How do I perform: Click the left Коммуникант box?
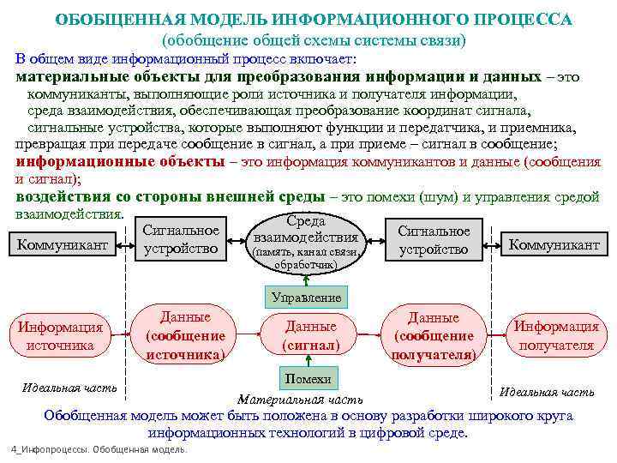63,244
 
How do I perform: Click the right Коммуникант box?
554,244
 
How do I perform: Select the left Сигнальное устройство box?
181,240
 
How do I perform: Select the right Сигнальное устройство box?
434,240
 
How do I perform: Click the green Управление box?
306,298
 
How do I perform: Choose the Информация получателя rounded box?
554,336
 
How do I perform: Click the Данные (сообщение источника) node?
185,334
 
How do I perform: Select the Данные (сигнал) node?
310,335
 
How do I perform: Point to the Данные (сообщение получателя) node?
433,335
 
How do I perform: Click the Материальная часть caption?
300,400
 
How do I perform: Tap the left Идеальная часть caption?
70,388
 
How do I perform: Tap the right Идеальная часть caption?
547,392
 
